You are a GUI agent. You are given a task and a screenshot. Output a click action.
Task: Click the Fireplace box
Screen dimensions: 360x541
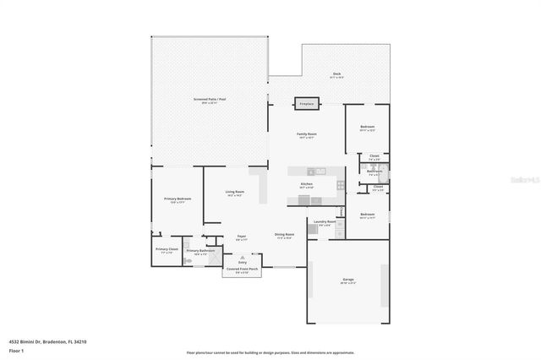click(306, 104)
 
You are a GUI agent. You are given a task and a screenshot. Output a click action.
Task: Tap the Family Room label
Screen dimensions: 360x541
click(306, 135)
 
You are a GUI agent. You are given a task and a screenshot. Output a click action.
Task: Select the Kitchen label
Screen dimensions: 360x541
click(307, 184)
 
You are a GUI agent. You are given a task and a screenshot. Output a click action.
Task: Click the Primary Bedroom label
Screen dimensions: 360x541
click(178, 199)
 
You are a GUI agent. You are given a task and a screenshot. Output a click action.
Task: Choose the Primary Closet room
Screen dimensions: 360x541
click(167, 250)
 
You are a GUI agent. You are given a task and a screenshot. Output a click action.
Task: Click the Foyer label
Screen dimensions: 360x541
click(241, 237)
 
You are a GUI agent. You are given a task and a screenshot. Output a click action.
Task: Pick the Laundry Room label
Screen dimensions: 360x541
click(321, 223)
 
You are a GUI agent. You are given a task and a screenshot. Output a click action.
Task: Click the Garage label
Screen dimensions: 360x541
click(347, 280)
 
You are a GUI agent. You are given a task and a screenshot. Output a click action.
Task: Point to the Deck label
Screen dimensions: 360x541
click(335, 75)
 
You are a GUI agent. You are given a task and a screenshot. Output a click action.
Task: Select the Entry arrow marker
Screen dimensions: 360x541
click(243, 257)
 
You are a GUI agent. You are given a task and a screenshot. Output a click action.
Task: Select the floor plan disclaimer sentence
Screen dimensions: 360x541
click(270, 353)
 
